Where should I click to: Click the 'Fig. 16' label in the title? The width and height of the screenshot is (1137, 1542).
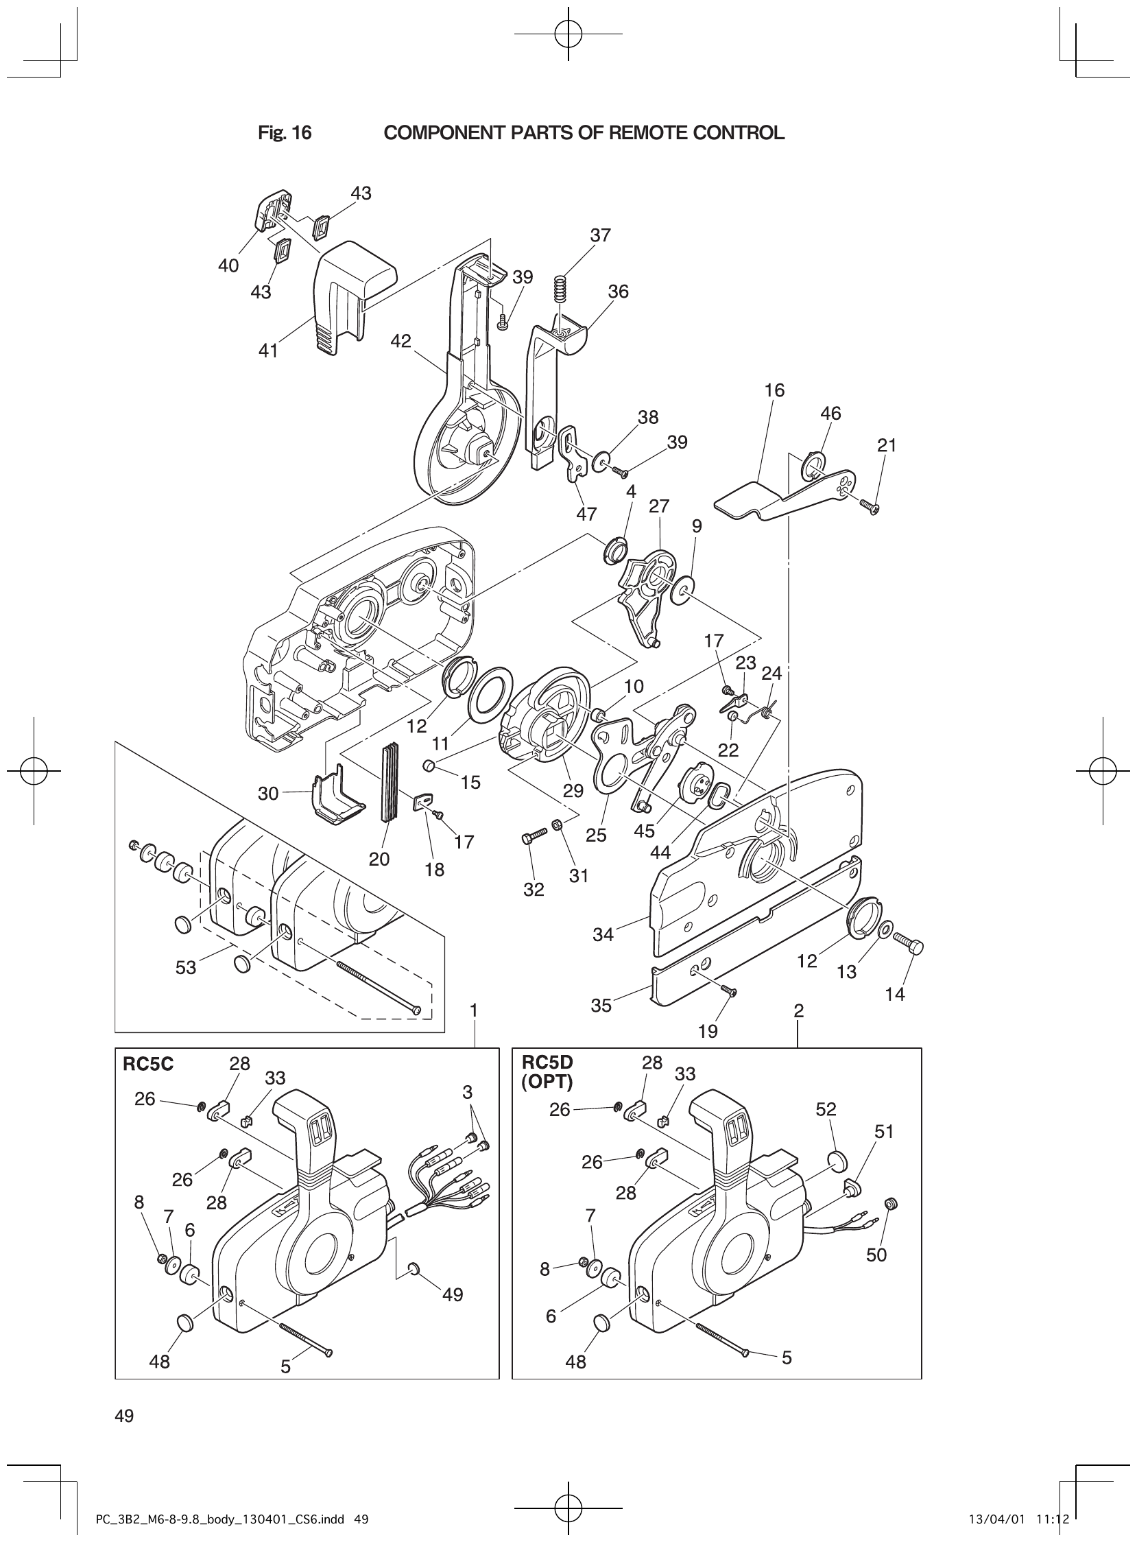284,133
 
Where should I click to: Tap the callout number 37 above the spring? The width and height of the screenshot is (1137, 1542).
600,235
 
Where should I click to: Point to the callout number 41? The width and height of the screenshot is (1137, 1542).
267,351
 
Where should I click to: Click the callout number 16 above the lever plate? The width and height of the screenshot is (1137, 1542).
774,390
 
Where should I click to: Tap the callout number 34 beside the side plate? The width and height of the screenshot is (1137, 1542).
603,934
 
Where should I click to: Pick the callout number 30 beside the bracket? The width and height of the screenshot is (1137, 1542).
267,794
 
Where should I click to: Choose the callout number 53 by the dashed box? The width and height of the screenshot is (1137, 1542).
186,968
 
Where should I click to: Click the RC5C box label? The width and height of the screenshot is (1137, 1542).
147,1065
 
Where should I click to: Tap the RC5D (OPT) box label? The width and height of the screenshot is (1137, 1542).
547,1074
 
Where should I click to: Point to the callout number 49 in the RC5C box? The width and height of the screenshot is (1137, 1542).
452,1294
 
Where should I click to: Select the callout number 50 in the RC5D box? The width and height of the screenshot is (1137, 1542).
876,1255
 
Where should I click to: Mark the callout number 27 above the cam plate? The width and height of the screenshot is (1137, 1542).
658,506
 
